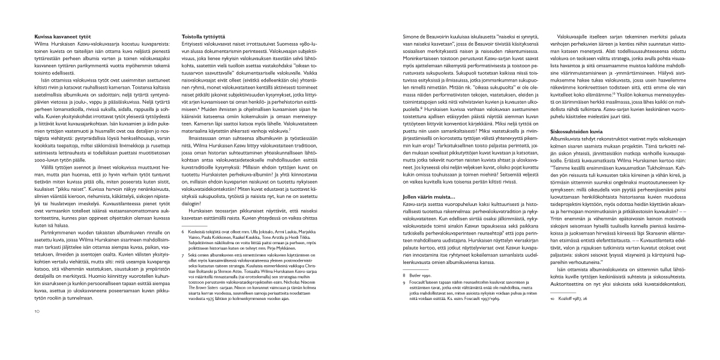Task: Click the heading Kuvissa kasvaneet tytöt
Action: (59, 37)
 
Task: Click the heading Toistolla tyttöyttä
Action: (204, 37)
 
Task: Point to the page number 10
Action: (37, 328)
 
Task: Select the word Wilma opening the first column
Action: (41, 43)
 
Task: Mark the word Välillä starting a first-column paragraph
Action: (44, 159)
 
